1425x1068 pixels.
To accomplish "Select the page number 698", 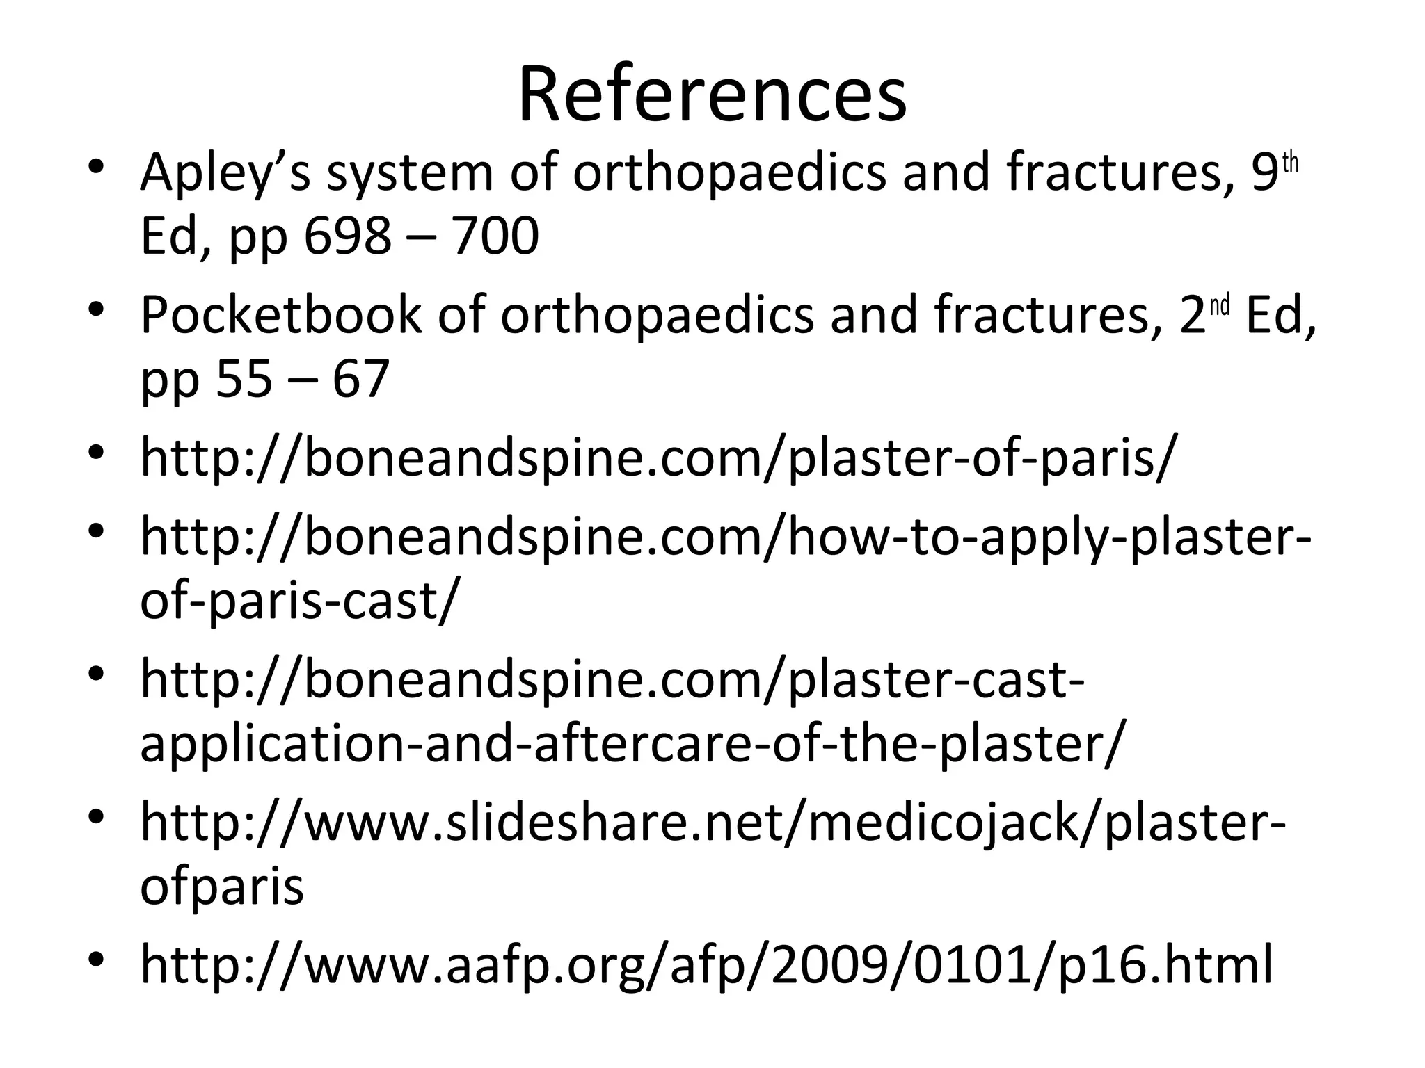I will (347, 236).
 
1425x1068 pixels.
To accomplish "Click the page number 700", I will (495, 236).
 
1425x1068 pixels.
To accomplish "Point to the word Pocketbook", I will (280, 315).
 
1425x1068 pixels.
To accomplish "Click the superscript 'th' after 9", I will (1290, 163).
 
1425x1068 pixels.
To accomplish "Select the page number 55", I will (244, 379).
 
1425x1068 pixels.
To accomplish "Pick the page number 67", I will (360, 379).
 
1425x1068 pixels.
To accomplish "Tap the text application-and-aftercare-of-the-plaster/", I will (632, 744).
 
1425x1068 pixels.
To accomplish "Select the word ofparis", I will (222, 887).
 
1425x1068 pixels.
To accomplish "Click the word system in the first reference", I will (410, 172).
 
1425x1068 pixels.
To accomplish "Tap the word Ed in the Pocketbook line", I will (1279, 315).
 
